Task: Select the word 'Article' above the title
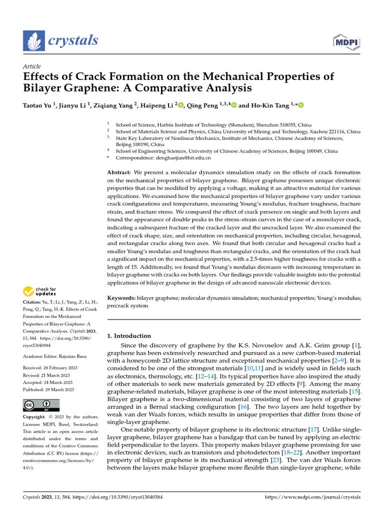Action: pos(32,66)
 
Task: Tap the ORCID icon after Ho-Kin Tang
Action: pos(301,105)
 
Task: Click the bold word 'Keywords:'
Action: pos(121,297)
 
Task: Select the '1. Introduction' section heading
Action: pos(129,336)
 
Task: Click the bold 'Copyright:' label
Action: pos(36,417)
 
